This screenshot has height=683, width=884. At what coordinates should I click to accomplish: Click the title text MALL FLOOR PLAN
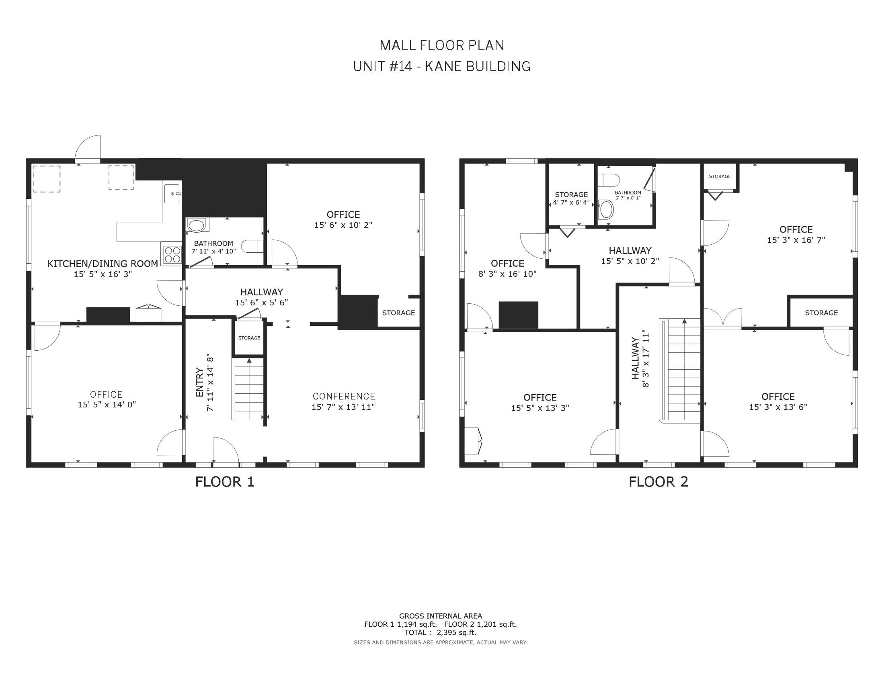tap(442, 45)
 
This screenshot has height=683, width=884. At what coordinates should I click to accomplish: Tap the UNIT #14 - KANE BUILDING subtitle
tap(442, 66)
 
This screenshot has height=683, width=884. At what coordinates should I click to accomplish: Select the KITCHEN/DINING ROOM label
tap(103, 264)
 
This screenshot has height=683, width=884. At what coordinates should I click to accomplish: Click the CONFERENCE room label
tap(344, 396)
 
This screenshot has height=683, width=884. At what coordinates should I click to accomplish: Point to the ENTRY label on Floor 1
tap(199, 382)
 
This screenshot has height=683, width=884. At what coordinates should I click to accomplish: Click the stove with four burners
tap(172, 254)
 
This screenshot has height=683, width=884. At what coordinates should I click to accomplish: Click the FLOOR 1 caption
tap(225, 482)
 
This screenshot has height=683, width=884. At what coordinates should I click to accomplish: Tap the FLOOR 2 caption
tap(658, 482)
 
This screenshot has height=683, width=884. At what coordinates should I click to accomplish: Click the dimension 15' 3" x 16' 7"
tap(796, 240)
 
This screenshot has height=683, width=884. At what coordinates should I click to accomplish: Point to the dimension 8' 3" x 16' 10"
tap(508, 274)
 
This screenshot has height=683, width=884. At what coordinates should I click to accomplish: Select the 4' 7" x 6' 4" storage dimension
tap(571, 202)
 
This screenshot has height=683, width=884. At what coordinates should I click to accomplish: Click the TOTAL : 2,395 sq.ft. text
tap(440, 632)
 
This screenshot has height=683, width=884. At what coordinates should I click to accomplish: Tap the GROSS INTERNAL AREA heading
tap(440, 616)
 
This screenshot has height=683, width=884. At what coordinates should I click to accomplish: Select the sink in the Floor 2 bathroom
tap(606, 210)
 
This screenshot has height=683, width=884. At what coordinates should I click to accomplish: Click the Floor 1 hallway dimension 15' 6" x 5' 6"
tap(261, 303)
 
